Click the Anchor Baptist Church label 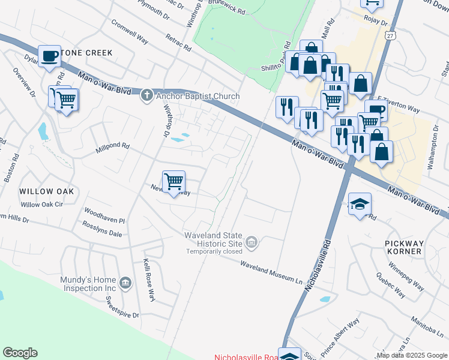197,96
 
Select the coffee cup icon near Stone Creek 49,56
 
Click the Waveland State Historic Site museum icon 252,242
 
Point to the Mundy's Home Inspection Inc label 88,284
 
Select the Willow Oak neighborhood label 46,191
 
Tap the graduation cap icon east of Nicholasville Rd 360,204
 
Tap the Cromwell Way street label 130,31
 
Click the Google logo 20,352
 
